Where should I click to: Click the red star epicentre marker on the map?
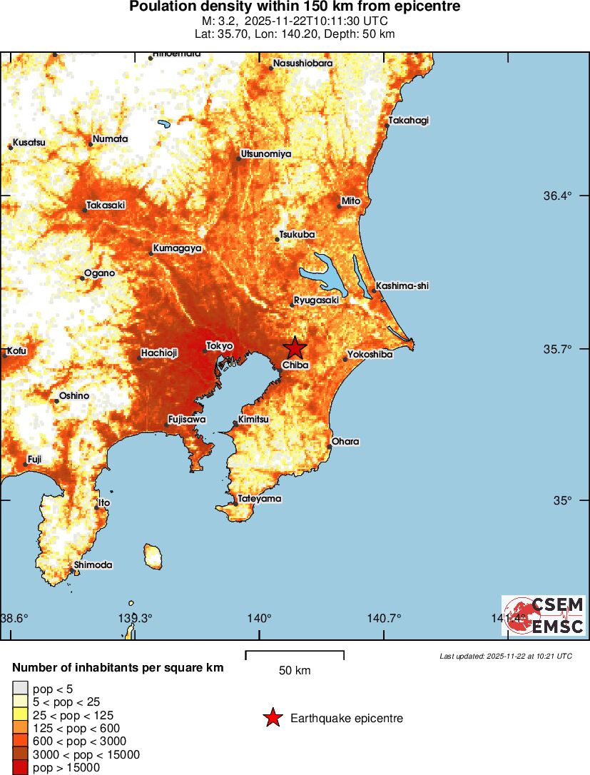pos(295,348)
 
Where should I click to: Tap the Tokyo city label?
pos(220,345)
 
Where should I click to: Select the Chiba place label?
pos(295,365)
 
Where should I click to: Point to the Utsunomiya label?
pos(266,153)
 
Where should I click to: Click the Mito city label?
pos(351,201)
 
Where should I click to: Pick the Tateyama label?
pos(260,499)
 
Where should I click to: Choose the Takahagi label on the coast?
pos(409,120)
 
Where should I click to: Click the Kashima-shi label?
pos(402,285)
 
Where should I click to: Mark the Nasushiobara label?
pos(302,64)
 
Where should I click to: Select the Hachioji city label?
pos(159,353)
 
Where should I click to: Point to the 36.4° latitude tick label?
pos(559,196)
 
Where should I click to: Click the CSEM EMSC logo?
pos(543,615)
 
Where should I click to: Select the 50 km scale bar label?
pos(295,671)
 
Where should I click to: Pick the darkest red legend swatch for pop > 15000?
pos(20,768)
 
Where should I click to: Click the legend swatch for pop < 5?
pos(20,689)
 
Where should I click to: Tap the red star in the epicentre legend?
pos(273,718)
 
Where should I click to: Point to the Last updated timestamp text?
pos(505,656)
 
